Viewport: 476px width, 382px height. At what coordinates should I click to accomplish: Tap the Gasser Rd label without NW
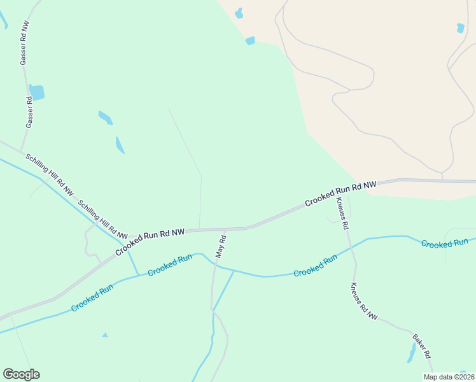[x=29, y=113]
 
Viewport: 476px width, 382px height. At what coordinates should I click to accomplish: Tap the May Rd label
[x=221, y=246]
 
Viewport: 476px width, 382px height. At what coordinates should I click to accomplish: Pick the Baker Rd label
[x=422, y=346]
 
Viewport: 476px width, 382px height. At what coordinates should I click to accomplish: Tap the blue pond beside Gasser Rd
[x=37, y=92]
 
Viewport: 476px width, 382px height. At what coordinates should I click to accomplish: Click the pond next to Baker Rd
[x=412, y=353]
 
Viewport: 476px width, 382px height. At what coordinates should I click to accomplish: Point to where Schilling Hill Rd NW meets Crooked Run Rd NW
[x=126, y=242]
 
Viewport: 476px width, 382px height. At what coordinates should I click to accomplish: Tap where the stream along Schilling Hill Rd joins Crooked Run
[x=138, y=275]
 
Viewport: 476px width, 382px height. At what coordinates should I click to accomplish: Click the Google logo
[x=21, y=374]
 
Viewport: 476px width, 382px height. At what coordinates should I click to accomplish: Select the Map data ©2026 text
[x=448, y=377]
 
